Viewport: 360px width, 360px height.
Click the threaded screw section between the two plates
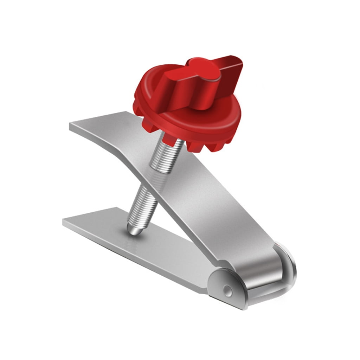(x=142, y=204)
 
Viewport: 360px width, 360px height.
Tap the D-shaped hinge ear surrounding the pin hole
(x=227, y=287)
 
